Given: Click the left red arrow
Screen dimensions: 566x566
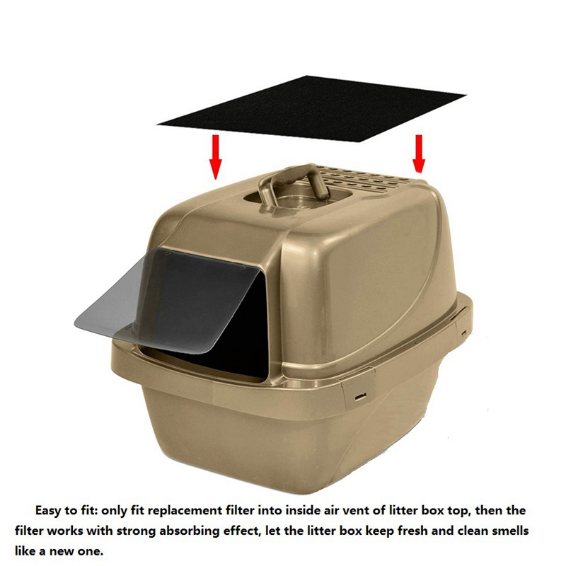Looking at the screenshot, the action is tap(216, 156).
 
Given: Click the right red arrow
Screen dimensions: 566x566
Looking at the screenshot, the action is tap(419, 154).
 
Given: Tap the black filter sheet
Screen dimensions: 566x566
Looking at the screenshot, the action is tap(311, 109).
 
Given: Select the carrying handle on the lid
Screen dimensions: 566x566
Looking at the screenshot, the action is tap(293, 183).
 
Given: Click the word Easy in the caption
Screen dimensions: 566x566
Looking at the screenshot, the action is tap(49, 511).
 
